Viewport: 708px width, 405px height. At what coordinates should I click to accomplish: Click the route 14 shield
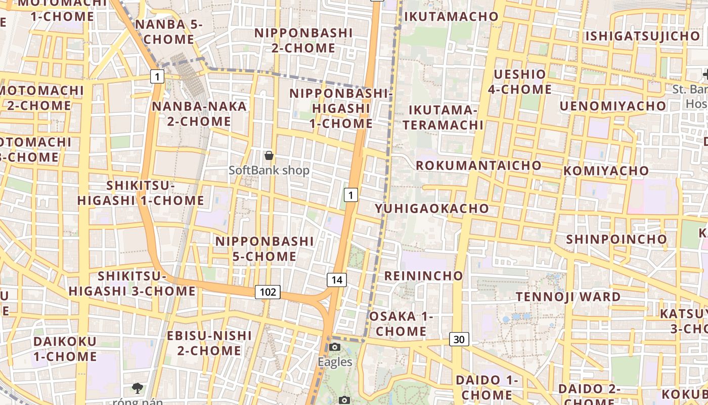tap(337, 279)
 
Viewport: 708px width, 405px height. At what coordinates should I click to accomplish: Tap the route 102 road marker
tap(268, 292)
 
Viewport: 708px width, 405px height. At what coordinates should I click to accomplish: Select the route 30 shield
tap(459, 339)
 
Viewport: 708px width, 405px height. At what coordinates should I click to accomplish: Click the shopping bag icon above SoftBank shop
tap(269, 155)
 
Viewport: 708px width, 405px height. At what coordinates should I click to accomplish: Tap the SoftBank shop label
tap(269, 171)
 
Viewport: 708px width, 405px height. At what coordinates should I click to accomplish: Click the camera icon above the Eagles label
tap(335, 347)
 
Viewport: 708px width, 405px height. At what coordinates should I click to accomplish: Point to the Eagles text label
tap(335, 361)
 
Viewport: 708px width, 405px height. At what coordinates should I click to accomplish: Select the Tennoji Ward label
tap(568, 297)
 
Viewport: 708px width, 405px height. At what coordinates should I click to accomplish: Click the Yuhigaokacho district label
tap(432, 208)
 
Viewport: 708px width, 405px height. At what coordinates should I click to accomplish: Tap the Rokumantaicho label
tap(478, 165)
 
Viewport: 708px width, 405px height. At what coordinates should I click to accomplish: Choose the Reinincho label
tap(424, 275)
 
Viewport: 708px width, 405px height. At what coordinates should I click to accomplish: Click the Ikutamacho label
tap(452, 16)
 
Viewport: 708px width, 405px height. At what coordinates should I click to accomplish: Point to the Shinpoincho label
tap(616, 238)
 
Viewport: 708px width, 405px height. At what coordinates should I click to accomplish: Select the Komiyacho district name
tap(606, 171)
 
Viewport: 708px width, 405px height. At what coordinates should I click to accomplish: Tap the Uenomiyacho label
tap(612, 106)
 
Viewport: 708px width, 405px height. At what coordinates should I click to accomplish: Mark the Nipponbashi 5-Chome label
tap(265, 249)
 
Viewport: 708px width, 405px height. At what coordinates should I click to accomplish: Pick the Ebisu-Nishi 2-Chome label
tap(209, 343)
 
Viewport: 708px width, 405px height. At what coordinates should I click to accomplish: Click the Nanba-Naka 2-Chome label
tap(199, 114)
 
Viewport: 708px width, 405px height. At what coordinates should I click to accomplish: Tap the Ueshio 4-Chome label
tap(520, 82)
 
